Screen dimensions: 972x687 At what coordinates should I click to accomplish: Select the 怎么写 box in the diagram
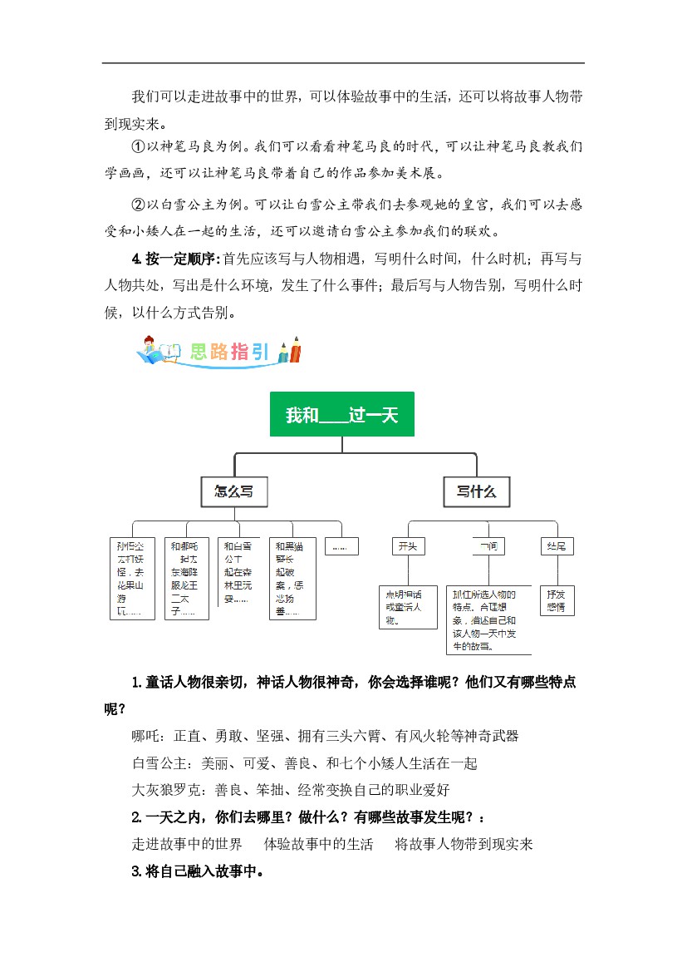[x=234, y=491]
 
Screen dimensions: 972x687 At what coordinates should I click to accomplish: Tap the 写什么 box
[x=476, y=491]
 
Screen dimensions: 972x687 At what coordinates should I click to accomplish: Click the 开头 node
[x=408, y=546]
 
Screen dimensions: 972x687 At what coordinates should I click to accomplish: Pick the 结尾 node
[x=556, y=546]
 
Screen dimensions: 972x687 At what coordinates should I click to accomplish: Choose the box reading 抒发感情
[x=556, y=600]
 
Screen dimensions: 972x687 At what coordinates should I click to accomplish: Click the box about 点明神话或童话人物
[x=407, y=606]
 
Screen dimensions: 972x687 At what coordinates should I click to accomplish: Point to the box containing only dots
[x=341, y=546]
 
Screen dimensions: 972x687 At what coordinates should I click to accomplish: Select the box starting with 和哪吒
[x=185, y=579]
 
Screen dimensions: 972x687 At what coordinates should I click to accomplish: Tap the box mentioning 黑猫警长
[x=292, y=579]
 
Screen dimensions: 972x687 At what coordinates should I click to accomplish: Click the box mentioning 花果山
[x=132, y=579]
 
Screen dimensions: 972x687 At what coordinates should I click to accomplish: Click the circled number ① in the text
[x=139, y=146]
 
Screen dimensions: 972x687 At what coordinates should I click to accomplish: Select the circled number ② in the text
[x=139, y=204]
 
